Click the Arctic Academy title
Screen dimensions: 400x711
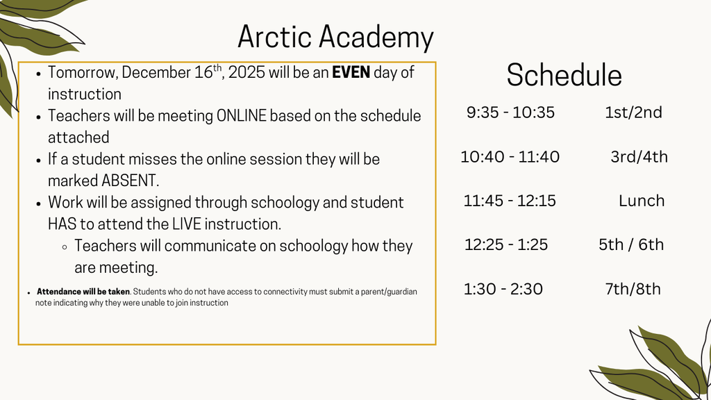[335, 37]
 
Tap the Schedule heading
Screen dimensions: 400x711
[564, 75]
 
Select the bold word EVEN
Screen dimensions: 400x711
[351, 72]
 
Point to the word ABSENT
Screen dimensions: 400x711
[130, 181]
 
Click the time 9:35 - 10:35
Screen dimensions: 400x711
[510, 112]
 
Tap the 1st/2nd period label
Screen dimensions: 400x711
[633, 112]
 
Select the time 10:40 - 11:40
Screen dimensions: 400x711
[510, 157]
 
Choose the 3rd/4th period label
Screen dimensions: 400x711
[639, 157]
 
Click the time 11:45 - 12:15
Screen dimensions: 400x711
[510, 201]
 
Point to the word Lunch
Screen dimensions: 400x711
[642, 201]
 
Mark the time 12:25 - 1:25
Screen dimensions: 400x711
[506, 244]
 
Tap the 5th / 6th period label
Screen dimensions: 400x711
[631, 244]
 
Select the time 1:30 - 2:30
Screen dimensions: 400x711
[503, 289]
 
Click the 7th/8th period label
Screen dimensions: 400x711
[633, 289]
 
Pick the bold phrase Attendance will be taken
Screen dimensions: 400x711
[83, 292]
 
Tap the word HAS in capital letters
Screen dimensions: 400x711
[62, 224]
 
